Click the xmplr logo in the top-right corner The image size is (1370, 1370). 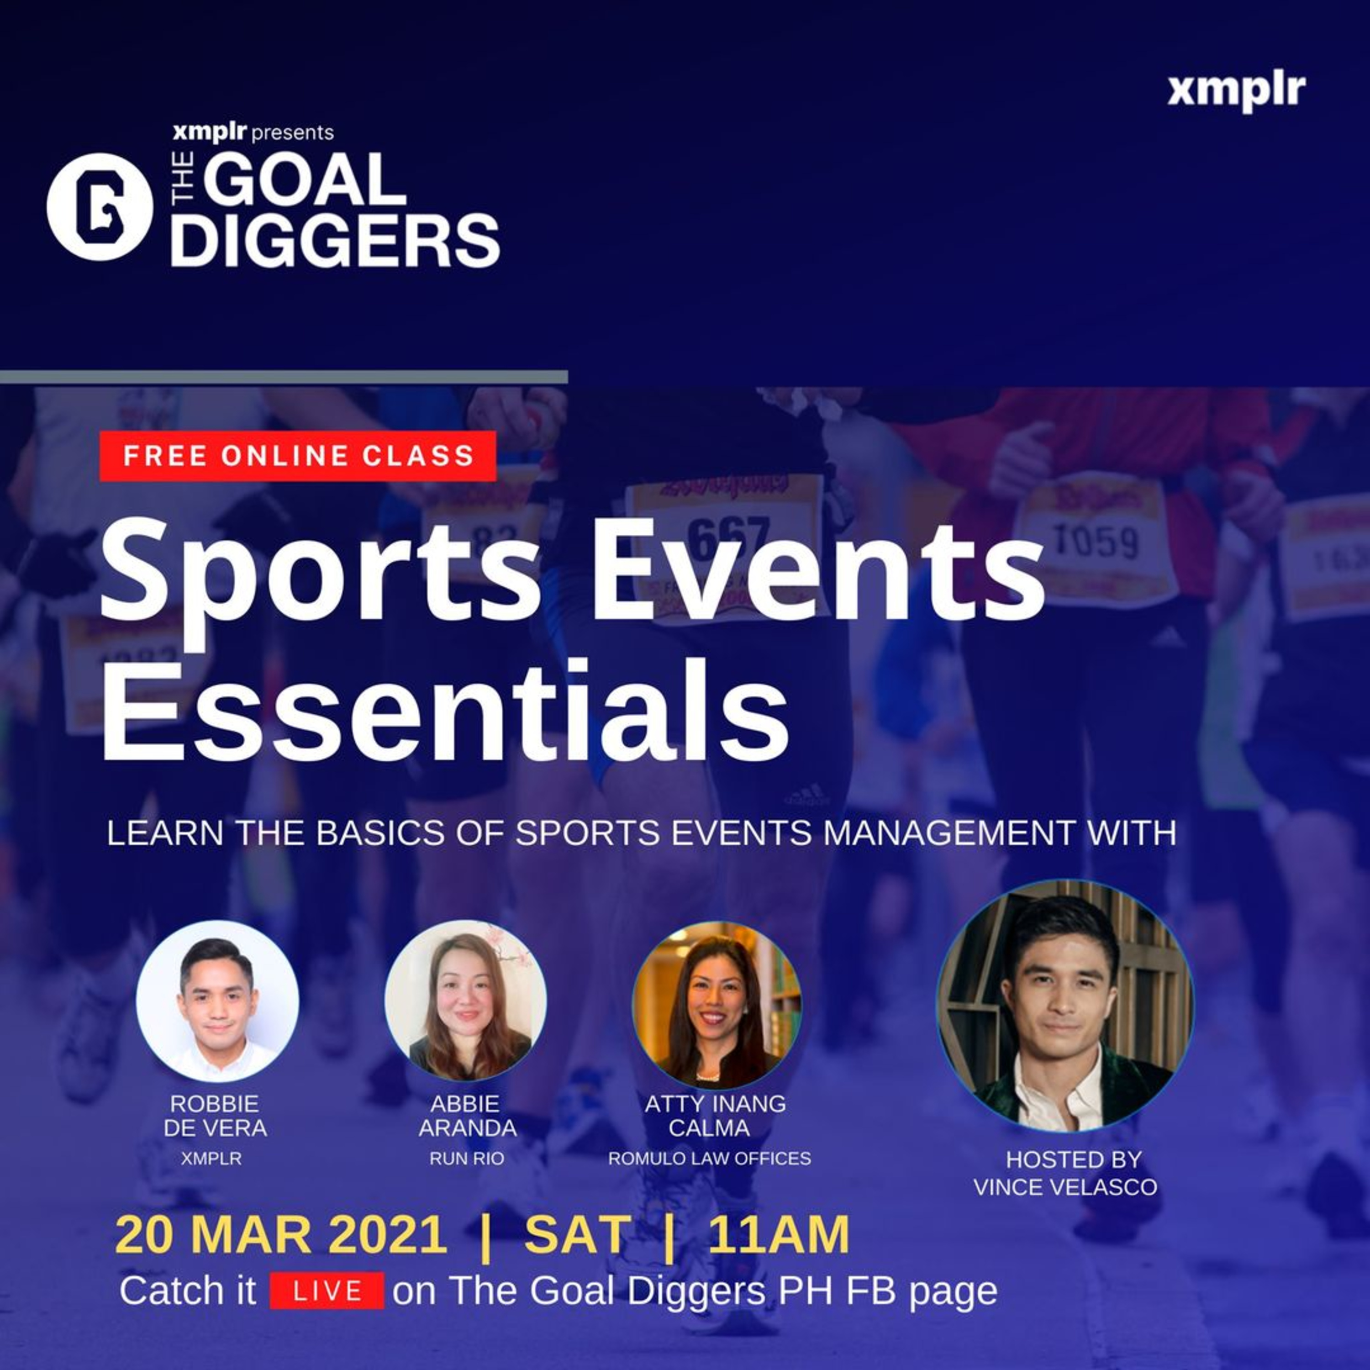pos(1236,91)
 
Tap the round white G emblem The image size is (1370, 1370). pos(99,206)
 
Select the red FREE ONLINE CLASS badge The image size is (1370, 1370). pos(298,456)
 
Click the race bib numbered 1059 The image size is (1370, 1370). pos(1096,543)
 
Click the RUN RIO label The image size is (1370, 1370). pos(467,1158)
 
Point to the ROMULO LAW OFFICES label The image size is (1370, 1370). pos(710,1158)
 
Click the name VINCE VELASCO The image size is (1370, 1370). pos(1065,1186)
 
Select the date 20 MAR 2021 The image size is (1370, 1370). pos(281,1234)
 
